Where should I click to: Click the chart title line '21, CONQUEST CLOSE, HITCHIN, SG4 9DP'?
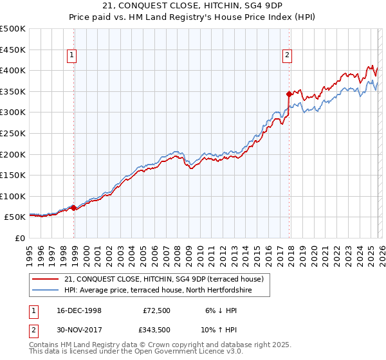[x=193, y=6]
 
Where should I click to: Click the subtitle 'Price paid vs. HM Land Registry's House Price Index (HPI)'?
[x=193, y=17]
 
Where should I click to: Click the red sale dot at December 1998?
[x=74, y=208]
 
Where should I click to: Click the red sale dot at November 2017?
[x=289, y=94]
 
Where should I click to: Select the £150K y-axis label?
[x=13, y=175]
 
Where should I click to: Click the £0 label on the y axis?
[x=19, y=238]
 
